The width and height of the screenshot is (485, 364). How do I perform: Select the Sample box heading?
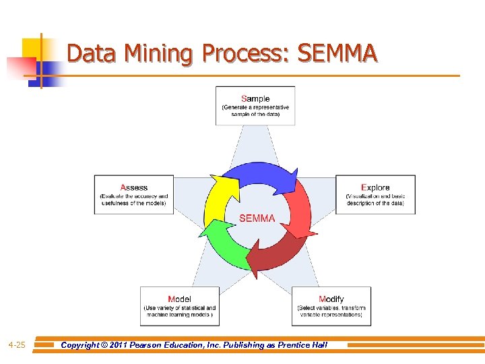255,98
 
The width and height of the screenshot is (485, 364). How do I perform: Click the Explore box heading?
375,187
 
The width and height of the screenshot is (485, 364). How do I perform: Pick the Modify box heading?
331,299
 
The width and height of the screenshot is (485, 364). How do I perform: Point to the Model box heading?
179,299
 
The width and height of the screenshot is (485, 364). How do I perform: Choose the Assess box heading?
133,187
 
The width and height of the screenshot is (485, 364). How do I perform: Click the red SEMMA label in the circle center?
257,218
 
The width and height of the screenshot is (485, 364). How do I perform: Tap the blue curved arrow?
259,175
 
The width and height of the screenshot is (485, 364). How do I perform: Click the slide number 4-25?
17,345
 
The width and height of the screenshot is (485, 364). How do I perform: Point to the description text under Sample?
255,111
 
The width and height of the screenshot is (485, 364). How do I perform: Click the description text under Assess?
133,200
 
